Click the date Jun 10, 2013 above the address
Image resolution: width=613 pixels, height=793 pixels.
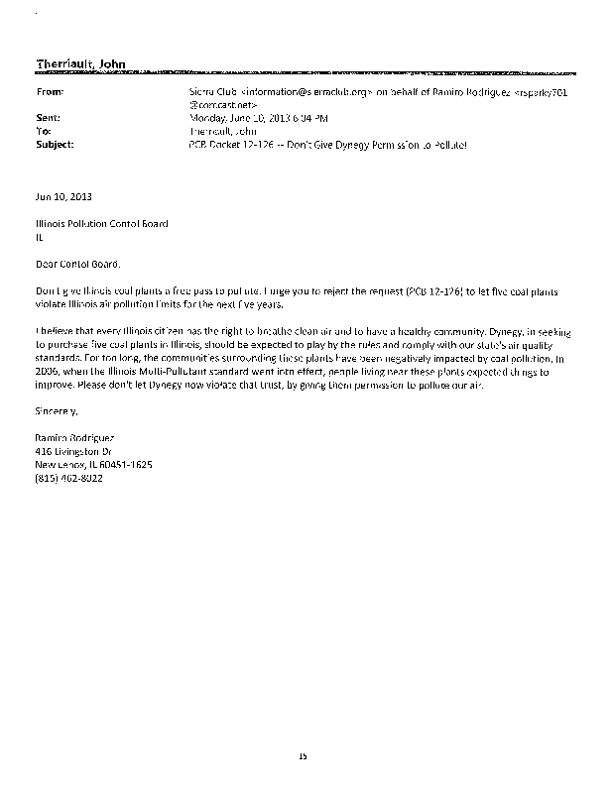[62, 196]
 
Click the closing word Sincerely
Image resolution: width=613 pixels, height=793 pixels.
[56, 408]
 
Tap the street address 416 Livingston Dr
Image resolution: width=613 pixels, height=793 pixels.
[75, 450]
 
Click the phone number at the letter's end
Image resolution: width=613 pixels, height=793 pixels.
[68, 478]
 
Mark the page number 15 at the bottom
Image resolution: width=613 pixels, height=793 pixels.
[305, 756]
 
